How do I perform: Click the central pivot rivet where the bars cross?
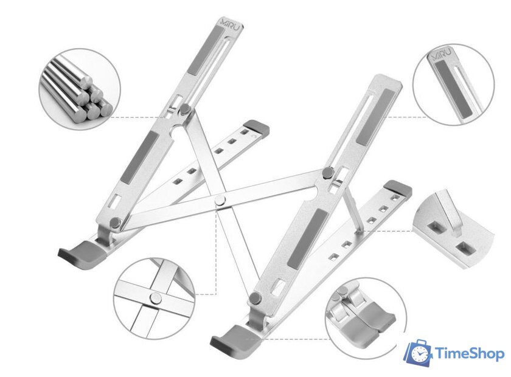(x=220, y=200)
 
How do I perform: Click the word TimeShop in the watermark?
(x=469, y=353)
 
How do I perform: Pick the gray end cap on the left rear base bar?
(x=259, y=128)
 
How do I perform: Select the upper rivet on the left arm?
(x=186, y=109)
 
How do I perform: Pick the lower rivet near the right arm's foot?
(x=254, y=298)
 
